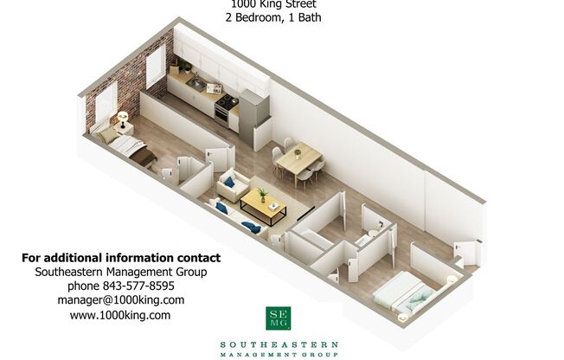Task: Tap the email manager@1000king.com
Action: [120, 300]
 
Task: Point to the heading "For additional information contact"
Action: [120, 258]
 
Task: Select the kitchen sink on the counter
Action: [197, 84]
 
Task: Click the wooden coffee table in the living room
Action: [263, 206]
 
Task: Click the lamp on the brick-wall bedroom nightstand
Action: [121, 117]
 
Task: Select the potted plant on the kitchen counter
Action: [184, 66]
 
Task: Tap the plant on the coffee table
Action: [261, 194]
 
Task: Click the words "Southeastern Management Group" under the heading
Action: [120, 272]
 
